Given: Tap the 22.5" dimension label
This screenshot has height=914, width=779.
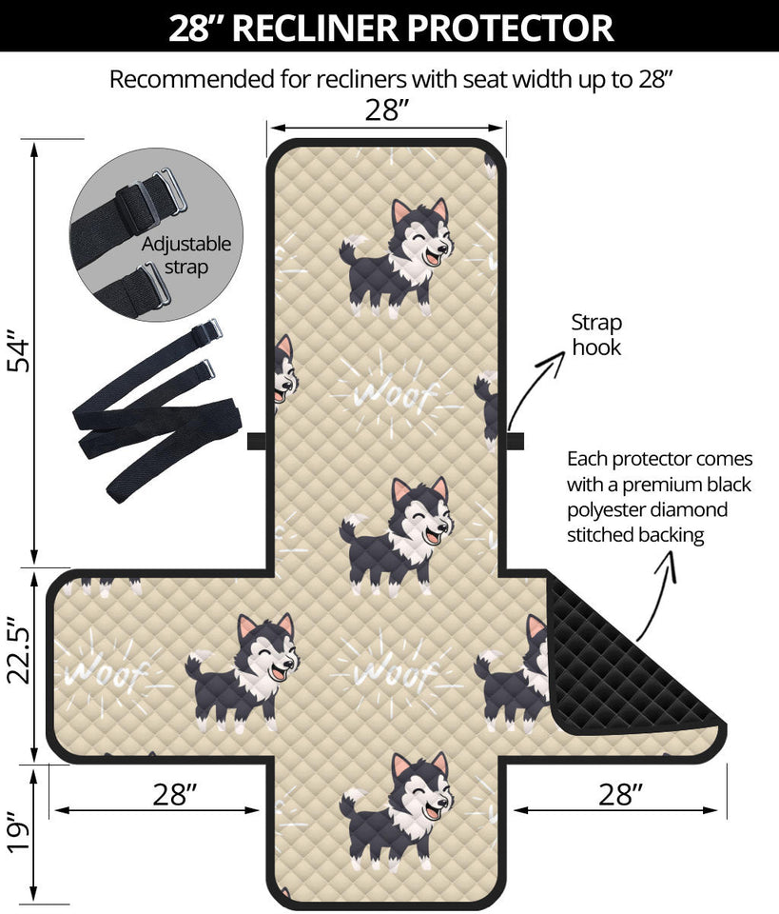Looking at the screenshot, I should pos(21,666).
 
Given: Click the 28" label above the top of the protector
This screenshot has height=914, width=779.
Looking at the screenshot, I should pos(386,110).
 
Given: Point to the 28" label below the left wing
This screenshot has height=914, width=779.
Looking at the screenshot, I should pos(172,795).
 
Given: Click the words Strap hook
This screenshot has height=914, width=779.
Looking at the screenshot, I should pos(596,335).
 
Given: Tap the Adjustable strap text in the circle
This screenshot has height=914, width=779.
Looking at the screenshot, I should pos(186,255).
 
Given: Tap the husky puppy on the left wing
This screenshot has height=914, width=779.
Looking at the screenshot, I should pos(243,671).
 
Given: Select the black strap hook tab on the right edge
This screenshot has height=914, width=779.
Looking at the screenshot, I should pos(515,440).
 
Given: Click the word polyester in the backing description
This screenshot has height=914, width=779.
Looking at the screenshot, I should pos(613,509).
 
